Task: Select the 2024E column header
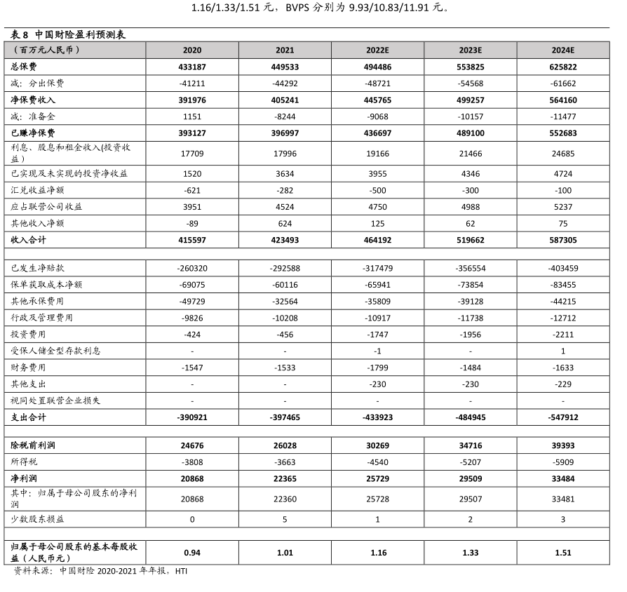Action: (562, 50)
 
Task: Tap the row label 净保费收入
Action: (34, 100)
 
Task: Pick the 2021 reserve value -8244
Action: (285, 116)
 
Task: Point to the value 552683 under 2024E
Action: (562, 133)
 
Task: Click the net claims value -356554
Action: (470, 268)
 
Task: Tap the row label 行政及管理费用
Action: (43, 318)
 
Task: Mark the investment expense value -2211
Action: (562, 335)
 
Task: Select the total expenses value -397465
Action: (285, 417)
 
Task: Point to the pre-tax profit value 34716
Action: (470, 445)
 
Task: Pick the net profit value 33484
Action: (562, 479)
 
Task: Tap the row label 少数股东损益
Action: (38, 519)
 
